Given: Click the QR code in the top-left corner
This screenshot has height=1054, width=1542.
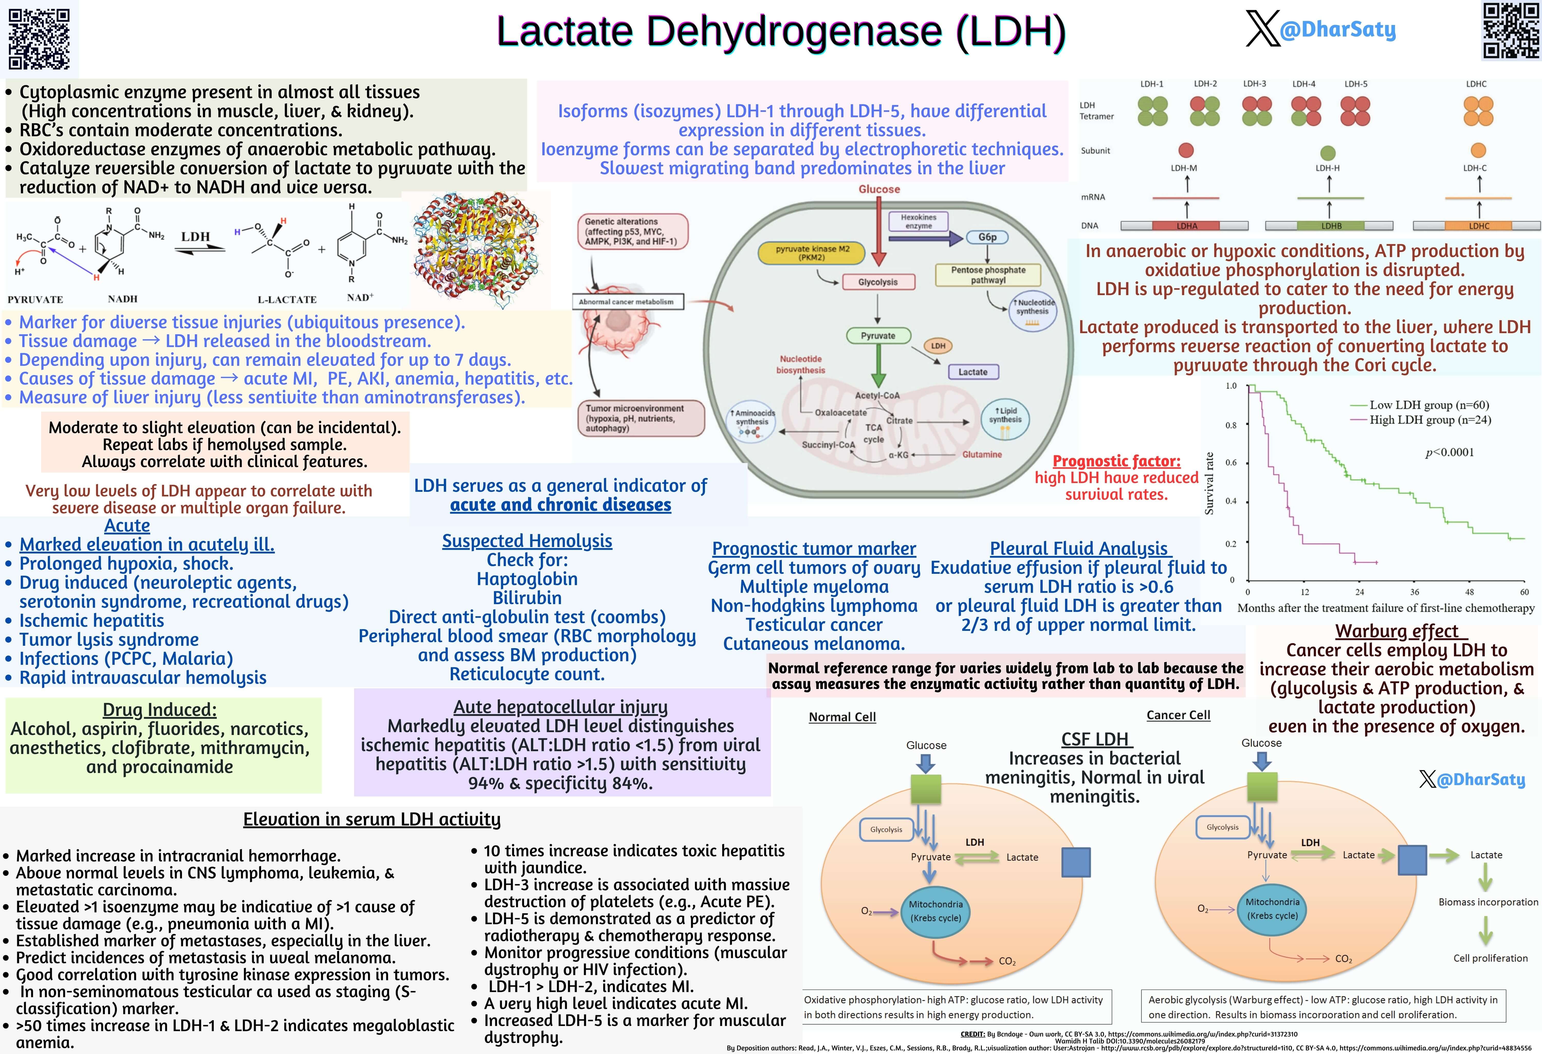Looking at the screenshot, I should click(x=39, y=39).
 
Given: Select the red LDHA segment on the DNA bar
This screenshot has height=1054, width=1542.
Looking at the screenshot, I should click(x=1186, y=226).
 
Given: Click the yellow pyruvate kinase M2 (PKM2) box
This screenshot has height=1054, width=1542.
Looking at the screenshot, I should click(x=812, y=252).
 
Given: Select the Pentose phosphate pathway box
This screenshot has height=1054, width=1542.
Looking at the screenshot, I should click(x=988, y=275).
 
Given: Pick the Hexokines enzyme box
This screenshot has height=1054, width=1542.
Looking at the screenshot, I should click(x=918, y=222).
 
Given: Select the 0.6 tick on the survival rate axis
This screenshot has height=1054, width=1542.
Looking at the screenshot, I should click(x=1231, y=463).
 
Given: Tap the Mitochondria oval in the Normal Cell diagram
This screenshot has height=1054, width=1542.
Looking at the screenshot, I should click(x=935, y=911).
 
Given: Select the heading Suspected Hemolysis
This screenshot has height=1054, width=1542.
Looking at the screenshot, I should click(x=527, y=541).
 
